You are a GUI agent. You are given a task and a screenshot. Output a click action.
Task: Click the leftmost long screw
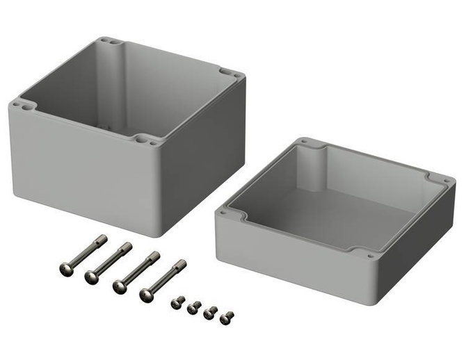83,252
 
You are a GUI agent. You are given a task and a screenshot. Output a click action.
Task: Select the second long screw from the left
109,262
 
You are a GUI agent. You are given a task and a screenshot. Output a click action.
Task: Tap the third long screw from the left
136,272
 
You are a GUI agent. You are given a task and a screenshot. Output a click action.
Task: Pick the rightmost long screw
163,279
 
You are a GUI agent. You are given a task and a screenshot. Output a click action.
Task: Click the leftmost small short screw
177,302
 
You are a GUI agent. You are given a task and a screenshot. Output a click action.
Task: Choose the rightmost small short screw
226,318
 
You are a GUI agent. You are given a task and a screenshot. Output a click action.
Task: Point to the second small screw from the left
193,307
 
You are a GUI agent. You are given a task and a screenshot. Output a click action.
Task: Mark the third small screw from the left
210,313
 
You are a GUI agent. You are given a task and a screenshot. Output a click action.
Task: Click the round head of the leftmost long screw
65,267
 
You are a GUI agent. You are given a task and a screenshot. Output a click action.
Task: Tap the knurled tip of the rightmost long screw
182,264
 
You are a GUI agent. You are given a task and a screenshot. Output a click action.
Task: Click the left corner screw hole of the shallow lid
223,214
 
